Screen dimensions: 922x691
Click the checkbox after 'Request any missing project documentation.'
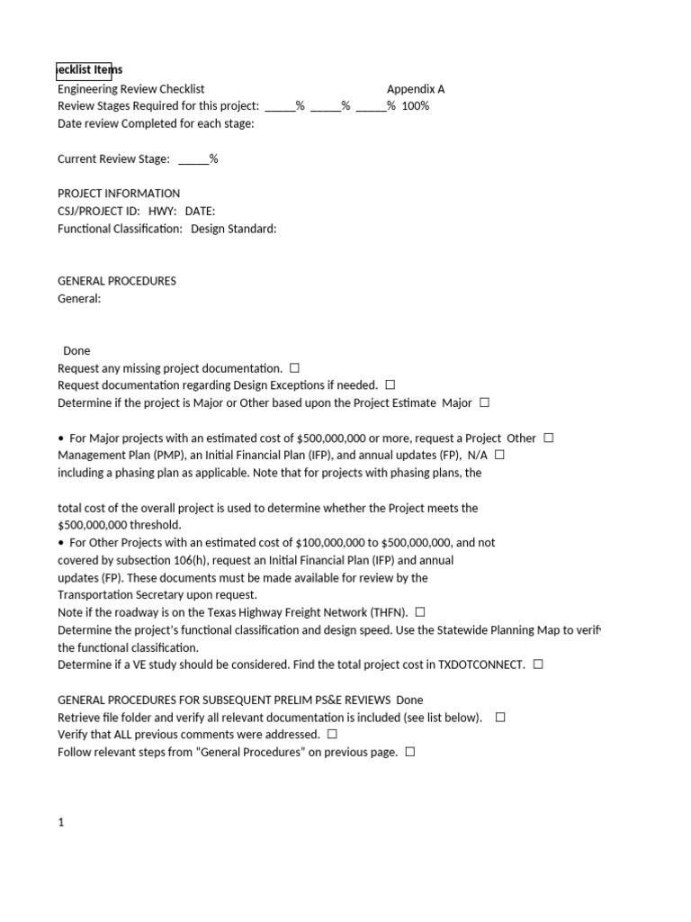pos(295,368)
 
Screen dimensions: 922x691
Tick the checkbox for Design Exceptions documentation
pos(390,385)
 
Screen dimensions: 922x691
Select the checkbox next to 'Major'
pos(485,402)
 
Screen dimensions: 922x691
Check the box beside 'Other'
pos(549,438)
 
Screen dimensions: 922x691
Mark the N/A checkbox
pos(500,455)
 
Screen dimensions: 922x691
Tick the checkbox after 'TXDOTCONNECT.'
pos(538,664)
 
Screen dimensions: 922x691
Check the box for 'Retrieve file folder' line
pos(500,718)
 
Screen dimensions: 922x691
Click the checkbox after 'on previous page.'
pos(410,752)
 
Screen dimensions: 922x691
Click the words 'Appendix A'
pos(416,89)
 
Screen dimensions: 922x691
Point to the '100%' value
pos(416,106)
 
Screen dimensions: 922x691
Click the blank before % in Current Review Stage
pos(193,159)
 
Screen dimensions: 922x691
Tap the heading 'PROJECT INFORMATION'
pos(119,194)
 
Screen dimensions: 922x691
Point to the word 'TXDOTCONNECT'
pos(480,664)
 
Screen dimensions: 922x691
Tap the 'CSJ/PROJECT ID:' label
pos(99,212)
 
